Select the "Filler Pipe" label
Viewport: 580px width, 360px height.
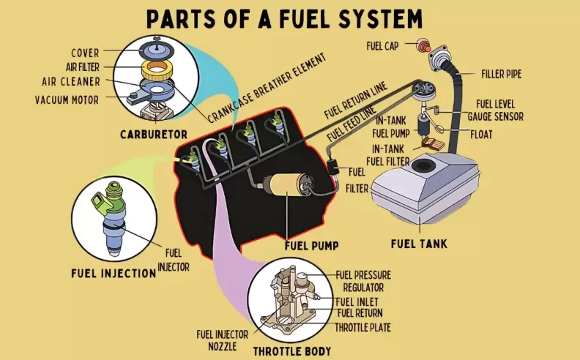(x=501, y=74)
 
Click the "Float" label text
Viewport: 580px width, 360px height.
(x=482, y=135)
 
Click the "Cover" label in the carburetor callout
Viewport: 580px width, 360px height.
(x=85, y=53)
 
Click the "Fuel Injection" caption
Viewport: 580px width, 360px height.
(x=114, y=273)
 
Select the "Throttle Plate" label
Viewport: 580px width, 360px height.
(x=362, y=326)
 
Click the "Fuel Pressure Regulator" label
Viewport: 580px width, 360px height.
(x=362, y=280)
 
